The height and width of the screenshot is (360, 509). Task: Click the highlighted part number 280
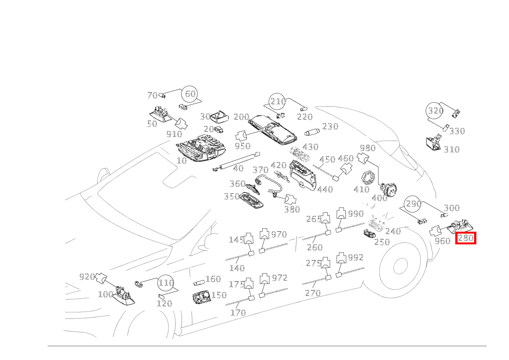click(x=466, y=238)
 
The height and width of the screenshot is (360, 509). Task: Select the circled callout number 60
click(x=190, y=94)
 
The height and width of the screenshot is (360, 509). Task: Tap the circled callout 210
click(x=278, y=101)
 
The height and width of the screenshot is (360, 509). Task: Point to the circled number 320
click(x=435, y=111)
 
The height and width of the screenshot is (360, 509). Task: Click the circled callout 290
click(x=413, y=204)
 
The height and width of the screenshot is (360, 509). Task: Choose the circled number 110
click(x=166, y=283)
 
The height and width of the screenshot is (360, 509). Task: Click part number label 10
click(x=182, y=161)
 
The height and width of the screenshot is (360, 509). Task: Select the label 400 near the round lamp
click(x=380, y=198)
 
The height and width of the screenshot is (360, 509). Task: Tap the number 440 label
click(x=325, y=189)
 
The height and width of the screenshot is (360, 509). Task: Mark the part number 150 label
click(x=219, y=295)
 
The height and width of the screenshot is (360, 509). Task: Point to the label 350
click(x=231, y=197)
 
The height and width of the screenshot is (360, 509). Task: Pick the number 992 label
click(x=355, y=257)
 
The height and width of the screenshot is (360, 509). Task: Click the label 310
click(x=451, y=150)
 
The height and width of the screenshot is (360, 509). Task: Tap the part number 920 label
click(x=87, y=277)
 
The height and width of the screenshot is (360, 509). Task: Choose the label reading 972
click(x=279, y=278)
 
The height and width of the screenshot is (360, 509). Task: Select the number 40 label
click(x=238, y=169)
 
